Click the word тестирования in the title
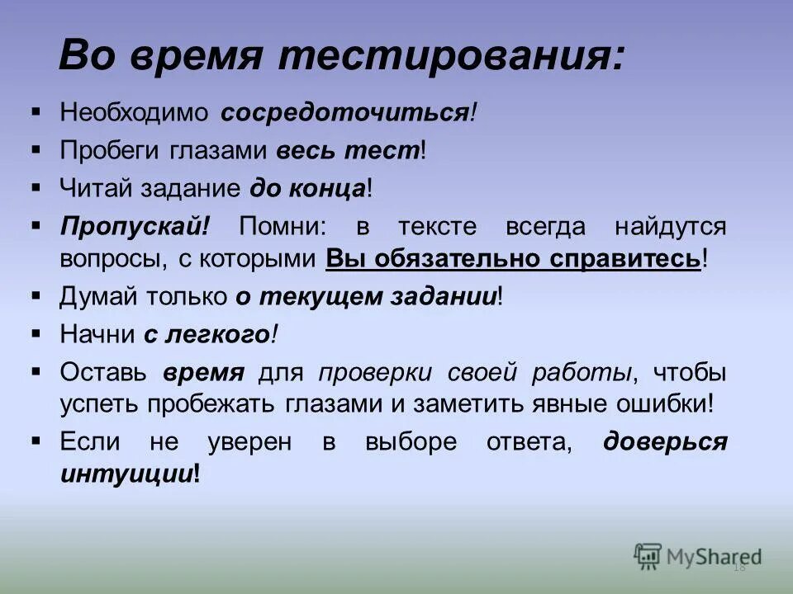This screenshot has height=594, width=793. [445, 58]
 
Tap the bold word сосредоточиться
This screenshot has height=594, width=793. [344, 113]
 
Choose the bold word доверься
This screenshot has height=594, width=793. [665, 441]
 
